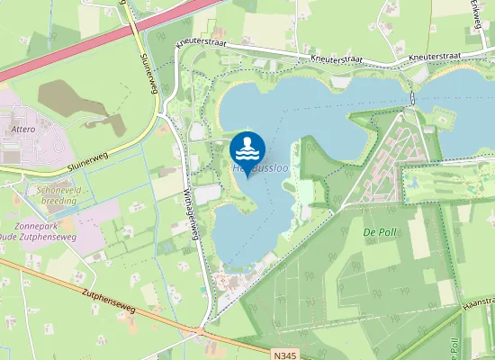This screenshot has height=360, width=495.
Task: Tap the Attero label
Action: tap(22, 130)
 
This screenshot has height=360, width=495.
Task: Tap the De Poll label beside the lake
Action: tap(380, 232)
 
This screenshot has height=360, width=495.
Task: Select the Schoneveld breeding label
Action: tap(57, 195)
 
